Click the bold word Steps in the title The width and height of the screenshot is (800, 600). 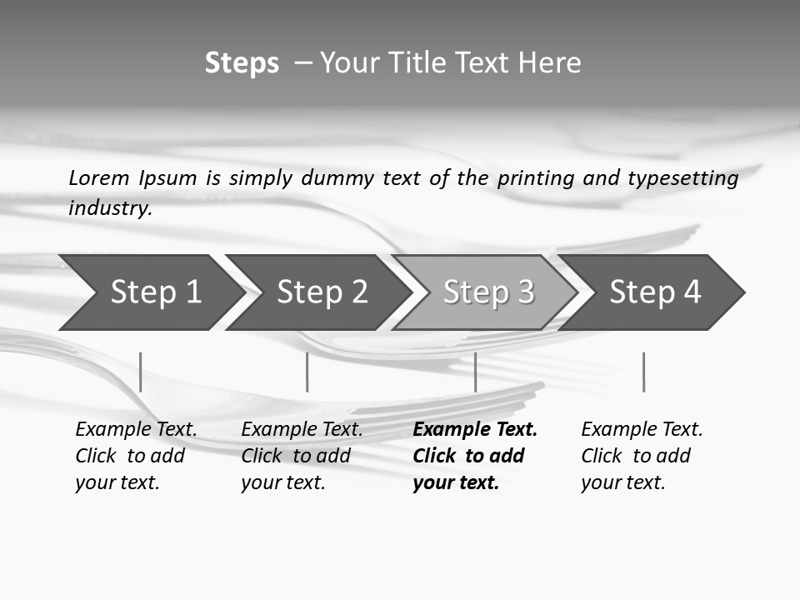point(242,63)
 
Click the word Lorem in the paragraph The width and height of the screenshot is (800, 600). point(99,177)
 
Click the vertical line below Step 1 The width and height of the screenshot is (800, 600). point(141,372)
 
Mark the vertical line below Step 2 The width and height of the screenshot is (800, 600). point(307,372)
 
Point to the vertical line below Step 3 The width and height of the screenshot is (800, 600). point(475,372)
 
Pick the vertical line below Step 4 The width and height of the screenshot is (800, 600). point(643,372)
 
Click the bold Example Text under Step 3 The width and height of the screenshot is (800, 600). point(475,429)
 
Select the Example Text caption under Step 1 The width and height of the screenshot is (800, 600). point(136,429)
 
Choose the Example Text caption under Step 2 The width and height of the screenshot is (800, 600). point(302,429)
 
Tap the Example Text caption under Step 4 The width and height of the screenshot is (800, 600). point(642,429)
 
